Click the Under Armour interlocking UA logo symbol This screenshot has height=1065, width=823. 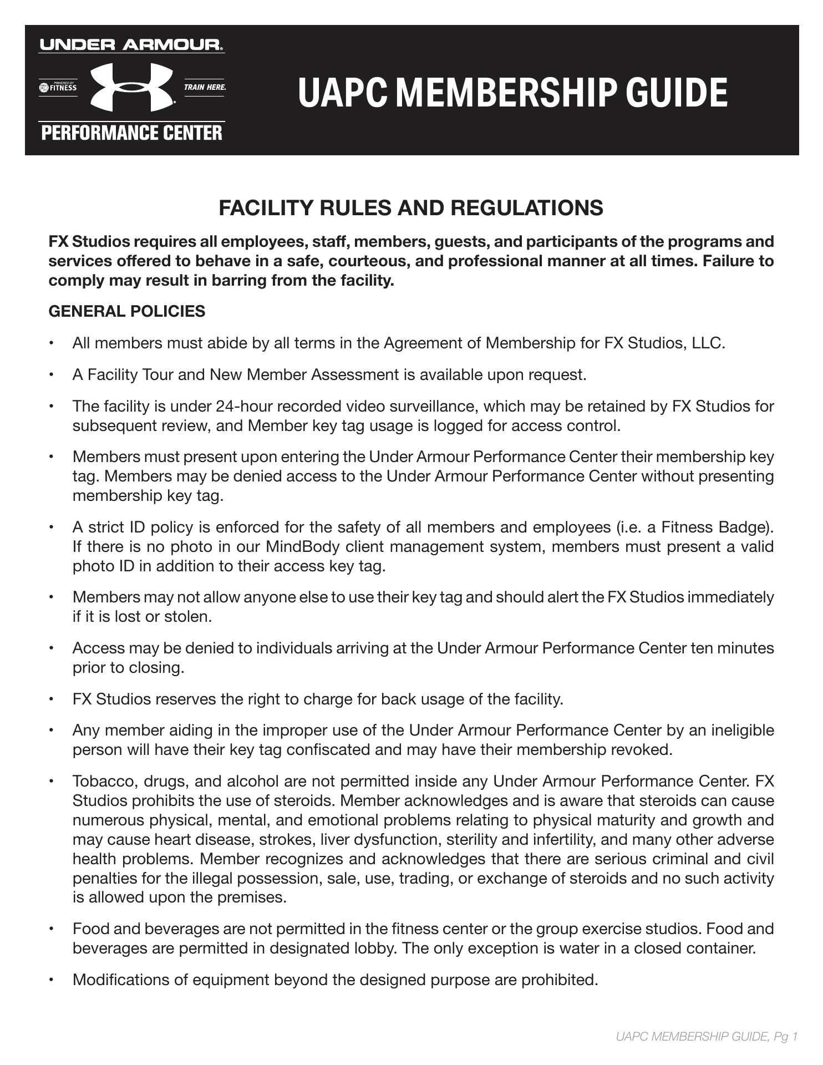(131, 87)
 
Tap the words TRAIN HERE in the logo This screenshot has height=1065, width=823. (205, 88)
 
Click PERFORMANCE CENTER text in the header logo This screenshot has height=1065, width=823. (131, 133)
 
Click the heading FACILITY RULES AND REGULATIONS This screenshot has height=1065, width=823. (411, 208)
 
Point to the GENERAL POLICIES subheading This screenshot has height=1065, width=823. (127, 311)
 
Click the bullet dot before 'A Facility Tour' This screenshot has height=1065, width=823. (52, 375)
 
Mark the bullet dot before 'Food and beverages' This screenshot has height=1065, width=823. (52, 929)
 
